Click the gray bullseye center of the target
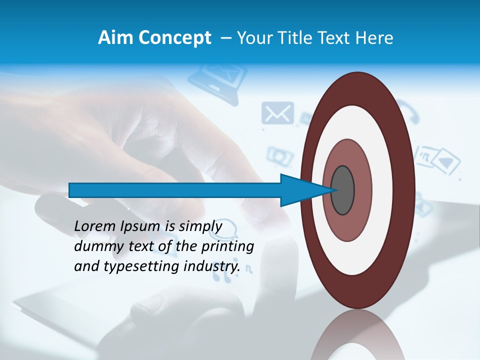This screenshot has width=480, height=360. tap(342, 190)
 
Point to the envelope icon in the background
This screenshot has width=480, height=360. tap(277, 113)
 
